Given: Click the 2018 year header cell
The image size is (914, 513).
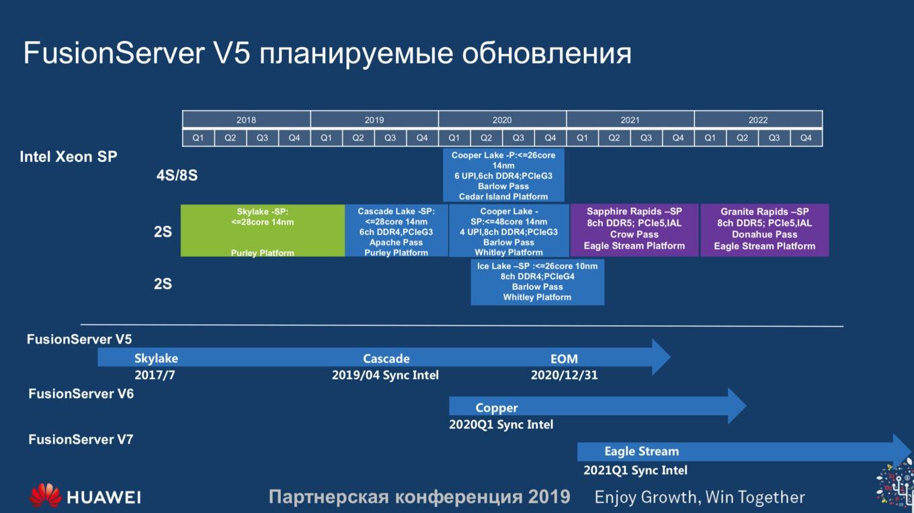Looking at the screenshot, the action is coord(246,120).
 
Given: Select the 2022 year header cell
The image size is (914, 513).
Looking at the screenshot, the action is coord(758,120).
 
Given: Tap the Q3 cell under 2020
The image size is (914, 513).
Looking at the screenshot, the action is coord(518,138).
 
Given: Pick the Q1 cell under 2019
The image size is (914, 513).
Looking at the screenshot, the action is coord(326,138).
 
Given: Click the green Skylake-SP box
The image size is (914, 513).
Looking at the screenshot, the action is coord(263,231).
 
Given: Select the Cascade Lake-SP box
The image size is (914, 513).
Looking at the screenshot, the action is coord(397,231).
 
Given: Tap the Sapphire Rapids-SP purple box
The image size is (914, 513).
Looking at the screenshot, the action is coord(634,230).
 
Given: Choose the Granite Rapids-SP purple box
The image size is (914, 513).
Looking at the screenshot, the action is coord(765,230).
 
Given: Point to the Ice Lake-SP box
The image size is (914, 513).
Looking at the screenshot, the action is coord(538,282).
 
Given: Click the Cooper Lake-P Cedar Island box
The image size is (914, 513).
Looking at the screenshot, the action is coord(503,175).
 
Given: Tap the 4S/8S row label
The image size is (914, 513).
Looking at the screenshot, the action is coord(177,175).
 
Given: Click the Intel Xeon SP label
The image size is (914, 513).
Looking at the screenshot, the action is coord(69,157).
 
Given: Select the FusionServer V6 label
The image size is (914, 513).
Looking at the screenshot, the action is coord(81,394).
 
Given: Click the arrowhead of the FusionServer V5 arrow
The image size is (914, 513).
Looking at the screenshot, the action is coord(669,357).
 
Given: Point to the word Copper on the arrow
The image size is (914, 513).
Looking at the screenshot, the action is coord(496,407).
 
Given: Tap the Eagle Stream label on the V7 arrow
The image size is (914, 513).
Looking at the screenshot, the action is coord(641,451).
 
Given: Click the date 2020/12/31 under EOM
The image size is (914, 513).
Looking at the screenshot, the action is coord(565,375).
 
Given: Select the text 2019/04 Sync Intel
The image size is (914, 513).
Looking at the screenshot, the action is coord(385,375).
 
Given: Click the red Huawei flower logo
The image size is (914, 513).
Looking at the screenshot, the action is coord(45,496).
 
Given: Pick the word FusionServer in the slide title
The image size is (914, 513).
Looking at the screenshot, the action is coord(114,53).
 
